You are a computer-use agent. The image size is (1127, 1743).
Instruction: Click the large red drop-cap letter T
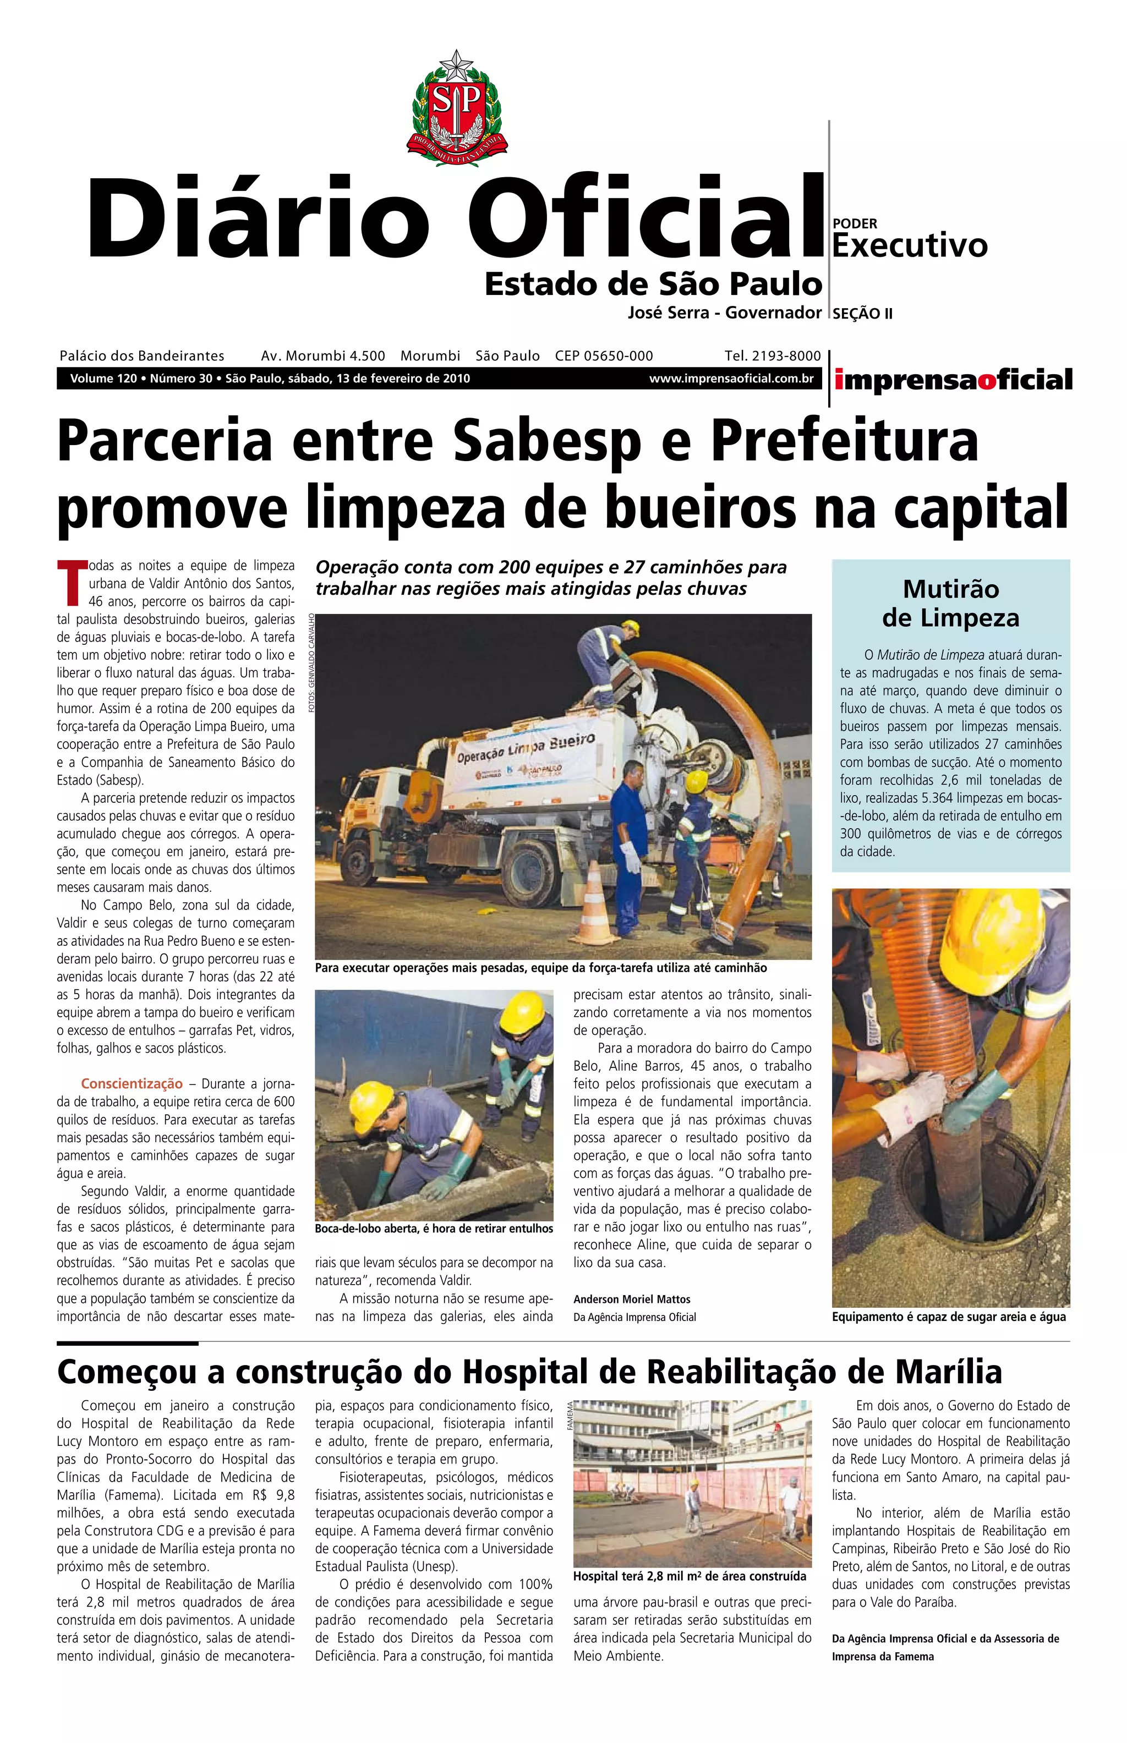tap(72, 583)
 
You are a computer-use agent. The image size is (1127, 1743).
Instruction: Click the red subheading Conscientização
tap(132, 1084)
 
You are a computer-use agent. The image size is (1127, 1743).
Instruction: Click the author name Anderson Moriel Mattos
tap(632, 1299)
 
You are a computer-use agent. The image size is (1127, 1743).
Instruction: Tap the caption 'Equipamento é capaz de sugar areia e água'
tap(949, 1317)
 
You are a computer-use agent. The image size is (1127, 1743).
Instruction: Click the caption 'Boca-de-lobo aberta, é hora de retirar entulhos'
tap(434, 1229)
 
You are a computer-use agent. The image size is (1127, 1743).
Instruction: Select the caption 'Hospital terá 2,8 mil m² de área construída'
tap(690, 1575)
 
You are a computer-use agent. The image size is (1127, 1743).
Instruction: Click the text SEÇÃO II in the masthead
tap(862, 314)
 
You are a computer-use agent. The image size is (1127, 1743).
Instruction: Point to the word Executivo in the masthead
tap(910, 246)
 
